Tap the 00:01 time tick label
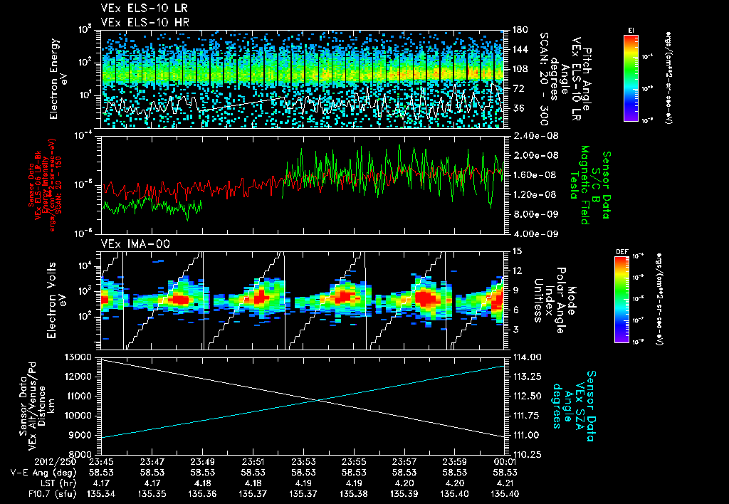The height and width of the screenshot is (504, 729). pos(505,461)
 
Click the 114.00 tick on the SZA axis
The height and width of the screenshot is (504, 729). pos(524,357)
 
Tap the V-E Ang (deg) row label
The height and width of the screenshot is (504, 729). pos(37,472)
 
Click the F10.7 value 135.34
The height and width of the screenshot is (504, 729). pos(102,493)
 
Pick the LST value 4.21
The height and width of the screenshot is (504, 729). pos(505,483)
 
